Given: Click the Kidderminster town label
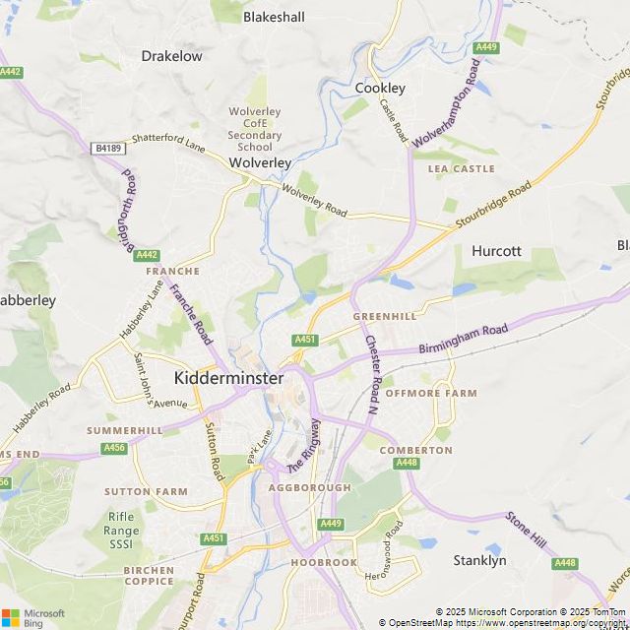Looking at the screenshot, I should tap(228, 378).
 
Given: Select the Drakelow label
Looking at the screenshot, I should tap(171, 56).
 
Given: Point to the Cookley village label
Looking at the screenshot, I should tap(380, 88).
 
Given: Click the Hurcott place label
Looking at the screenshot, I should tap(496, 251).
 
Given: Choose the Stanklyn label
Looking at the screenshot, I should tap(479, 560).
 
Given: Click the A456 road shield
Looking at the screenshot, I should tap(114, 448).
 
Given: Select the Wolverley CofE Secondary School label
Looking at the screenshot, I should tap(255, 129).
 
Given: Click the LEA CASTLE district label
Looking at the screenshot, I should tap(461, 169).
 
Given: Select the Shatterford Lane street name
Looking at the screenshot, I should tap(168, 144).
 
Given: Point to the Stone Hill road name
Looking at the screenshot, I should tap(525, 531).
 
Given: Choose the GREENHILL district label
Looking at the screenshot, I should tap(385, 317).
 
